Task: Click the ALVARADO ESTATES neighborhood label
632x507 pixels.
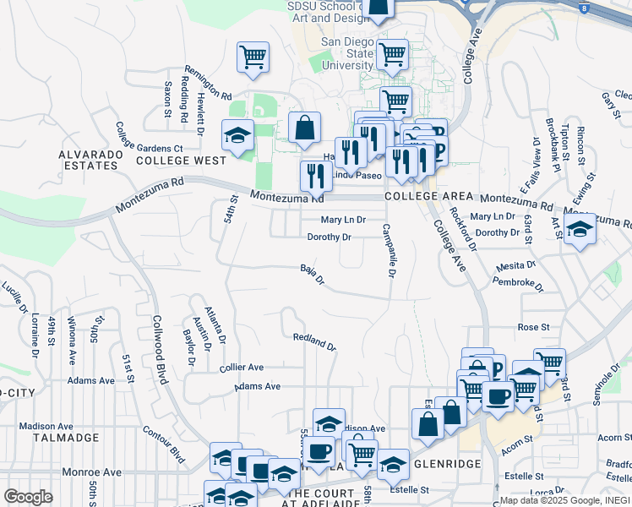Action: click(x=88, y=160)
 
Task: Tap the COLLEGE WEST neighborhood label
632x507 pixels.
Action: click(x=181, y=160)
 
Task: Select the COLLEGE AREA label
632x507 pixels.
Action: click(x=423, y=196)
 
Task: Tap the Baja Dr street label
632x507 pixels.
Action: click(x=313, y=275)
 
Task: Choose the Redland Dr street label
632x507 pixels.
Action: click(x=314, y=341)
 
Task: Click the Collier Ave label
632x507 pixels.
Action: click(x=242, y=368)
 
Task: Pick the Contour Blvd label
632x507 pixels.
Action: click(x=164, y=444)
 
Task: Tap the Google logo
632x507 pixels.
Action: click(x=28, y=497)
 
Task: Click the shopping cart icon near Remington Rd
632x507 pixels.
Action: click(x=253, y=57)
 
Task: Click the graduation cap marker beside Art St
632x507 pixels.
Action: click(x=580, y=229)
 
